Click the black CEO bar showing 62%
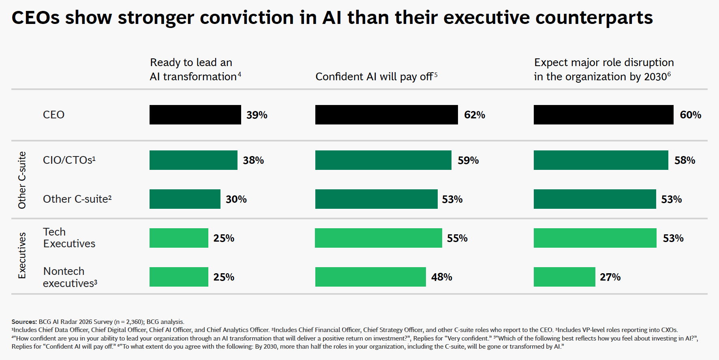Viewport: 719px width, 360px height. click(x=386, y=115)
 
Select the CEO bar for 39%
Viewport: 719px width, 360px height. click(x=195, y=115)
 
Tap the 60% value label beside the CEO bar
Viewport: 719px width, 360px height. click(x=690, y=115)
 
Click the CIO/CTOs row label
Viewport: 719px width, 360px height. click(x=69, y=160)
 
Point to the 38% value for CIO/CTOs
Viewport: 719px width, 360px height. click(x=253, y=161)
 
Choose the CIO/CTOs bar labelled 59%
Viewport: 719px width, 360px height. click(x=383, y=160)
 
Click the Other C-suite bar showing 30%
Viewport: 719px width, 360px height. click(x=185, y=199)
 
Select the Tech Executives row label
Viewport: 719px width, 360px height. click(x=69, y=238)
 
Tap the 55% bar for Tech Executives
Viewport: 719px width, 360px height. click(x=378, y=238)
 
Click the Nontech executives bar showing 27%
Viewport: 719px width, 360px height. click(x=564, y=277)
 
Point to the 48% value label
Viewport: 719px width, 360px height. click(x=441, y=277)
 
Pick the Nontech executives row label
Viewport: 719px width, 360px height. click(x=70, y=277)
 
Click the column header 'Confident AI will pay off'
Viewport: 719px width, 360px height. click(x=376, y=77)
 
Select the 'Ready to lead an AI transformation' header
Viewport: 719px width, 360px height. click(x=195, y=69)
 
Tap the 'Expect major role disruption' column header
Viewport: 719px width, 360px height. click(x=603, y=69)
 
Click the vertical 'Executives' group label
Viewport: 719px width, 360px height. click(x=22, y=255)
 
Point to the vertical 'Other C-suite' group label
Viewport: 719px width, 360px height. click(x=22, y=180)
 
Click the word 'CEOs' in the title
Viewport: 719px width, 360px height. click(x=36, y=18)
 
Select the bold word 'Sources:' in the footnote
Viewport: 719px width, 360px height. click(x=24, y=322)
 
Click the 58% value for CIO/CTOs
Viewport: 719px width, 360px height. click(x=685, y=161)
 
